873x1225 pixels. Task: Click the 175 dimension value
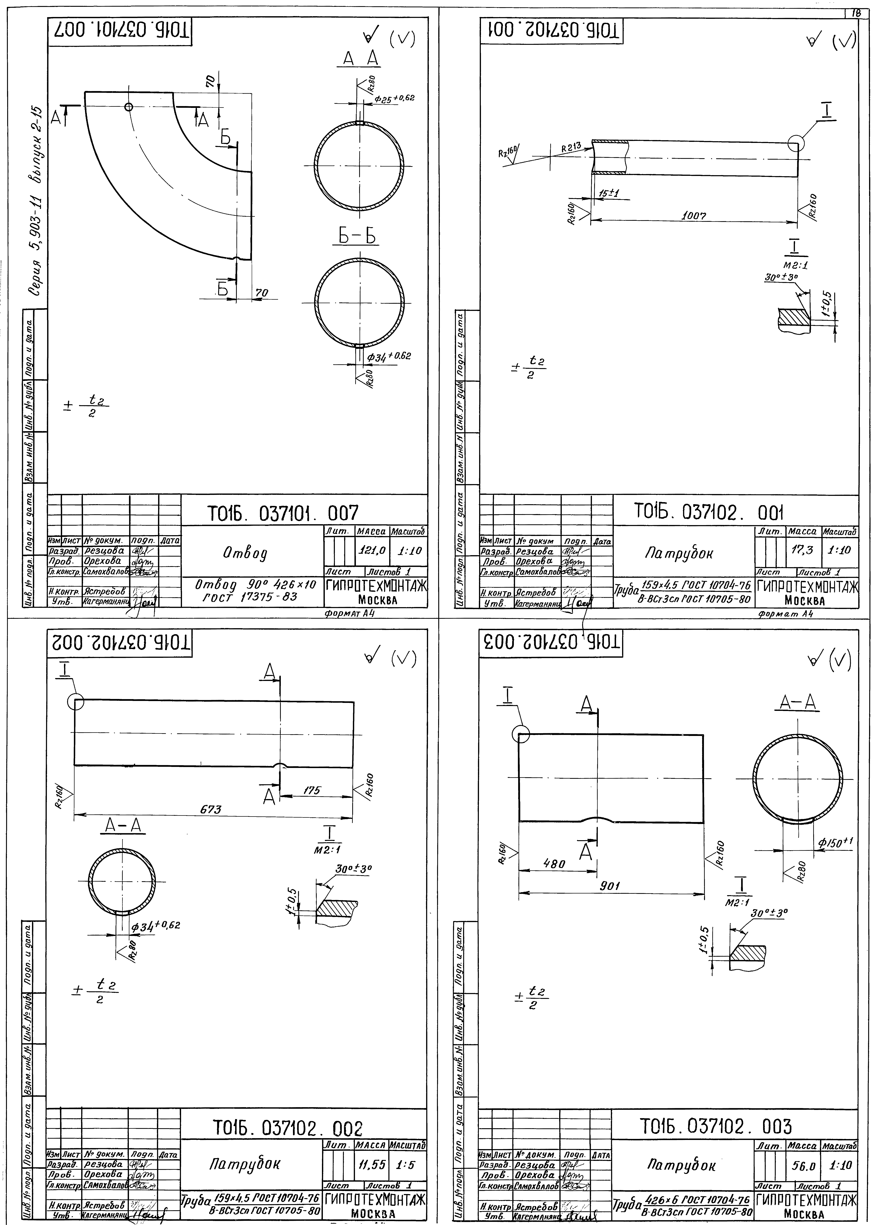[x=312, y=790]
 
